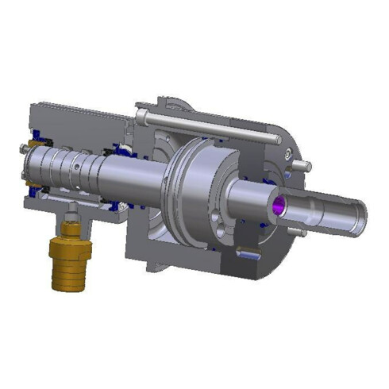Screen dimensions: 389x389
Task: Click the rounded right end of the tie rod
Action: click(x=279, y=140)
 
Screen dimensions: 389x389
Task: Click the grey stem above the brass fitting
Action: click(x=71, y=213)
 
